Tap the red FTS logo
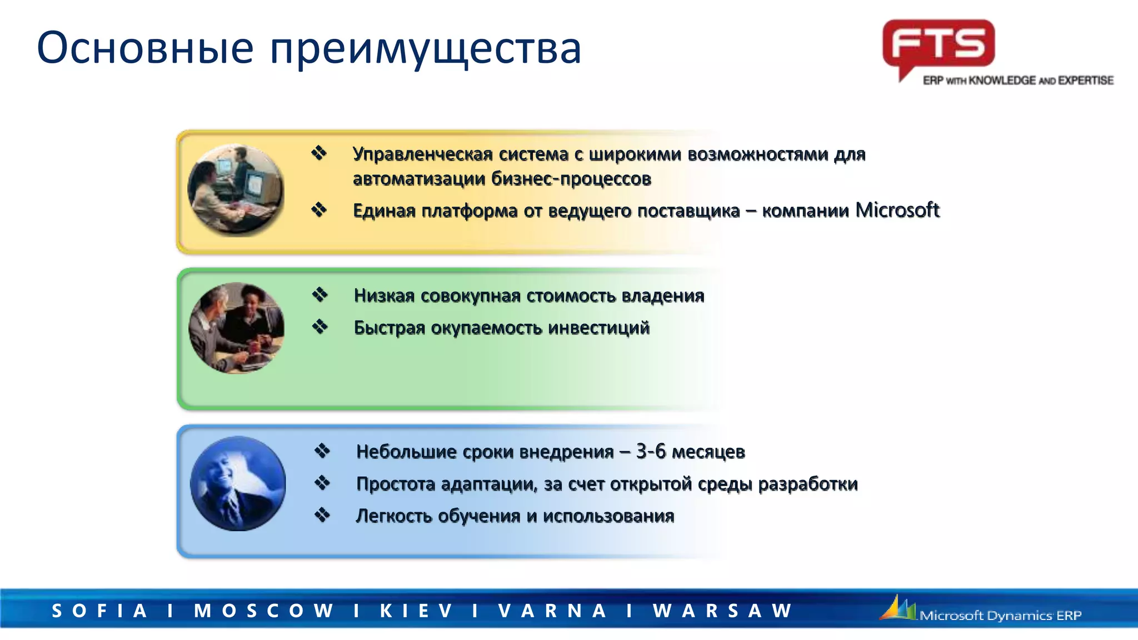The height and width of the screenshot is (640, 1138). tap(939, 44)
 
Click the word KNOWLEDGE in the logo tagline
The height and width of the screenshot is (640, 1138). tap(1002, 81)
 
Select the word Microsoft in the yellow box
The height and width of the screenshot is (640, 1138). tap(897, 210)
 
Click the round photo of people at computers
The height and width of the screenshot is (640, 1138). tap(236, 190)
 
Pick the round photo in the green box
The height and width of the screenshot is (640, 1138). tap(236, 328)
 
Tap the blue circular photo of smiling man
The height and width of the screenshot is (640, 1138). tap(238, 483)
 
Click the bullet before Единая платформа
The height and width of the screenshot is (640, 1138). tap(319, 210)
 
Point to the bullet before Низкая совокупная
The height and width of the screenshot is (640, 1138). tap(320, 295)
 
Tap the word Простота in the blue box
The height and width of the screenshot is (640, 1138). tap(396, 484)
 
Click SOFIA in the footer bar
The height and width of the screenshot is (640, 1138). tap(99, 611)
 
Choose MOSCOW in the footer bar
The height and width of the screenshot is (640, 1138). tap(263, 611)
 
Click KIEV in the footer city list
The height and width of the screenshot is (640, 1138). tap(416, 611)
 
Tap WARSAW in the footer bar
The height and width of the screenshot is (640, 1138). tap(722, 611)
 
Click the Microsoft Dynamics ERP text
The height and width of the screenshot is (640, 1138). tap(1000, 616)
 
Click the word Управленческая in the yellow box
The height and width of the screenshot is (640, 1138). tap(422, 154)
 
